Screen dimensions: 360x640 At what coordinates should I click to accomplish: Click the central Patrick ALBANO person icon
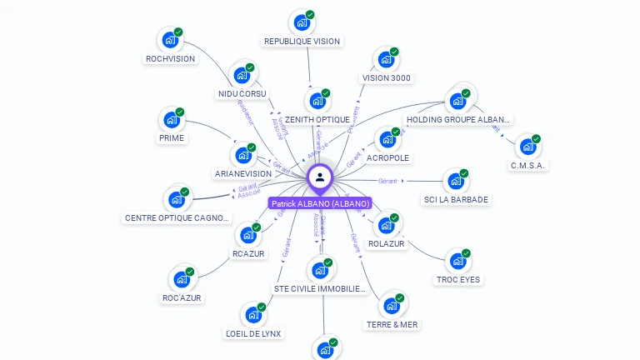click(x=320, y=177)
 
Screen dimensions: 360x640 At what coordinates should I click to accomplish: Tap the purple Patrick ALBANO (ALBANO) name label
click(x=320, y=203)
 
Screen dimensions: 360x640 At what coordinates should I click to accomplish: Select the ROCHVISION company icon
click(x=170, y=40)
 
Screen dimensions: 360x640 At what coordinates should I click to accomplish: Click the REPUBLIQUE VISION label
click(x=302, y=41)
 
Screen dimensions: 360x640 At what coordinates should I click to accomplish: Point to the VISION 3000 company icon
click(x=386, y=60)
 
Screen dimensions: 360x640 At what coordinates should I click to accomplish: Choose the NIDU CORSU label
click(x=242, y=93)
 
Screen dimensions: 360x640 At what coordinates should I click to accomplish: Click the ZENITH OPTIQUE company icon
click(x=317, y=102)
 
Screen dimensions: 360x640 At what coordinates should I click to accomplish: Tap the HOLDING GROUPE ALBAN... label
click(x=457, y=120)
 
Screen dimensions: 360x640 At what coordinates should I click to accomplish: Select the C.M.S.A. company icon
click(x=527, y=147)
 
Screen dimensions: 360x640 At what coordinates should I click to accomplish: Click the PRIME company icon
click(x=172, y=120)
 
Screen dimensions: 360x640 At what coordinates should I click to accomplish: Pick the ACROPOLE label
click(x=388, y=157)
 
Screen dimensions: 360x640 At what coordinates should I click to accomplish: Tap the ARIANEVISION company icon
click(x=243, y=156)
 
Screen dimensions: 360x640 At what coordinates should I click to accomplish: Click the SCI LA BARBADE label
click(x=456, y=199)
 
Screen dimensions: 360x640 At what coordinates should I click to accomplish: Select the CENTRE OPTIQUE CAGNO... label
click(x=177, y=218)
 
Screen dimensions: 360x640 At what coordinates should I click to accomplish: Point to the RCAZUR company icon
click(x=248, y=235)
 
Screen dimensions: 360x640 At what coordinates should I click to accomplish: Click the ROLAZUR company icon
click(x=386, y=225)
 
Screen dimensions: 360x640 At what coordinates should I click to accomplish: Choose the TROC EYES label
click(x=458, y=280)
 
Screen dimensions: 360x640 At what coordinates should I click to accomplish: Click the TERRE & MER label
click(x=392, y=324)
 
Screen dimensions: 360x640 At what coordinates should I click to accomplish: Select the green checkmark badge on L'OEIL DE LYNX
click(x=261, y=307)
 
